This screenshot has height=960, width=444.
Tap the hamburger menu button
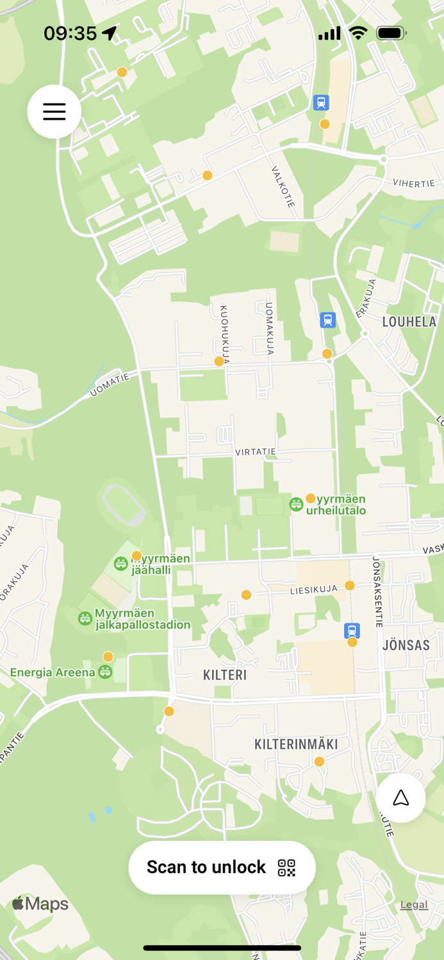tap(54, 111)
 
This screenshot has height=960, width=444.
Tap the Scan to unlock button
tap(222, 867)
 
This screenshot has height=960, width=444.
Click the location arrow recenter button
tap(401, 797)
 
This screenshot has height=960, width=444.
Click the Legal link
tap(414, 904)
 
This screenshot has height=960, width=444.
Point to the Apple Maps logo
tap(40, 904)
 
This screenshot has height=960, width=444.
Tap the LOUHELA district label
tap(409, 322)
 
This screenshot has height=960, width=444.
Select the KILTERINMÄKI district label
tap(296, 744)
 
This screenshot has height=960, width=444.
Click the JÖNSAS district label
tap(406, 644)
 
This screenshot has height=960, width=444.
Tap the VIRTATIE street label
tap(256, 452)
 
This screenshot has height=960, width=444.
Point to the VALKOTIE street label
tap(283, 187)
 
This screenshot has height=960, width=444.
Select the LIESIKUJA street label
tap(313, 589)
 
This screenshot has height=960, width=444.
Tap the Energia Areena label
tap(53, 672)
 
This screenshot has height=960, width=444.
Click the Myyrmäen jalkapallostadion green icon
tap(85, 618)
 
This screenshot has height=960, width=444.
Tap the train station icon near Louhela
tap(328, 320)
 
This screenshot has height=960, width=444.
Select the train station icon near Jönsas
tap(352, 630)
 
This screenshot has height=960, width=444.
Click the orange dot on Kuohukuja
tap(219, 362)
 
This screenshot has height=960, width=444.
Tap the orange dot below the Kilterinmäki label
tap(319, 762)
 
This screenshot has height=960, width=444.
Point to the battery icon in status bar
tap(391, 33)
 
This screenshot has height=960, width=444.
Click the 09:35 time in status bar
tap(70, 33)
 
